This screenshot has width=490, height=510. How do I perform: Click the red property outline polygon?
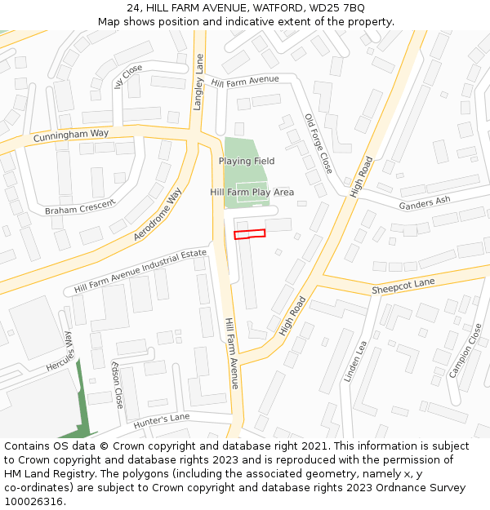(250, 234)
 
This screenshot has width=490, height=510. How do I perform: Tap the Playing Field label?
(246, 161)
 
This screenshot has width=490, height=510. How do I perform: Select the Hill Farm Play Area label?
(252, 192)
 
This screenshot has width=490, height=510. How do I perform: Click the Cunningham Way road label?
(71, 135)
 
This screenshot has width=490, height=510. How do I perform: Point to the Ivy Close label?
(129, 79)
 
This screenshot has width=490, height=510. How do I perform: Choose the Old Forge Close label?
(318, 143)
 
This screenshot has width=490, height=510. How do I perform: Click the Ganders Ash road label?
(424, 202)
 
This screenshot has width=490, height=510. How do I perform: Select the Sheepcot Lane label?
(403, 286)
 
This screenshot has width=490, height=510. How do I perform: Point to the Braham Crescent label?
(80, 207)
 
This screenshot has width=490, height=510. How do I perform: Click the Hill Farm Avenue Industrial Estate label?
(140, 271)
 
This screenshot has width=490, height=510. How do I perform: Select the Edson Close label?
(118, 385)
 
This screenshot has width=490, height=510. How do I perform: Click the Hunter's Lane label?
(162, 419)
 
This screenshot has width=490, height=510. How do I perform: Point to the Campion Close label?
(465, 351)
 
